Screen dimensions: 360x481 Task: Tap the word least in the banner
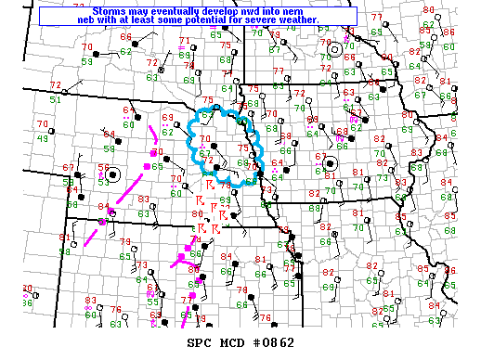[159, 20]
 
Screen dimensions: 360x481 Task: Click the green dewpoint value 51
[55, 99]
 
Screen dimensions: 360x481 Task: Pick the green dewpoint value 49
[44, 138]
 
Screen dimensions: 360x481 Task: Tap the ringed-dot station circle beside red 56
[114, 174]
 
